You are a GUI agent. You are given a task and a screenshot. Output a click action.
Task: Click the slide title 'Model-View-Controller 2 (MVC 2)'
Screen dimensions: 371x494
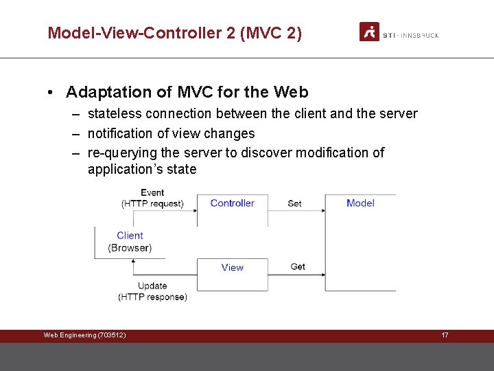click(174, 32)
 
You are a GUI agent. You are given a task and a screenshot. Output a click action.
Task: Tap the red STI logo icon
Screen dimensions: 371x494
click(369, 32)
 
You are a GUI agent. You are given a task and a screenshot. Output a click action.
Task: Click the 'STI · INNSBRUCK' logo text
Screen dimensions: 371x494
click(410, 35)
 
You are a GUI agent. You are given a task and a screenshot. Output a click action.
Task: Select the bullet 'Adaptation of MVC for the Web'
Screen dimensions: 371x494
click(187, 92)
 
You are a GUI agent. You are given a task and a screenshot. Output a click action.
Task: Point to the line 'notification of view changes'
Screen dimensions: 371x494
click(171, 133)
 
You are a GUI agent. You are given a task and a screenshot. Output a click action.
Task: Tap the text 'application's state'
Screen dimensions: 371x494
click(141, 169)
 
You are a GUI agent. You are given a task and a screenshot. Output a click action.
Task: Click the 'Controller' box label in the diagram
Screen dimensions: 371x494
click(232, 203)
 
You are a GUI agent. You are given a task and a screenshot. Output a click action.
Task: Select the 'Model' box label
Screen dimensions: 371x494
click(360, 203)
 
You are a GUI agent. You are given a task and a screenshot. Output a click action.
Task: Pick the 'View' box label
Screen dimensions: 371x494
click(232, 267)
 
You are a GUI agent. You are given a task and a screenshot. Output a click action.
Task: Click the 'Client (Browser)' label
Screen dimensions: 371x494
click(130, 242)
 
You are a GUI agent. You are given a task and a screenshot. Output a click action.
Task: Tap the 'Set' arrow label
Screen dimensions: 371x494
click(294, 203)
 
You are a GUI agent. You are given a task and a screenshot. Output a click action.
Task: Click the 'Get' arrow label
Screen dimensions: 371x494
click(298, 267)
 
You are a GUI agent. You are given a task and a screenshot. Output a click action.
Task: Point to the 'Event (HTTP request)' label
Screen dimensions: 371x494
click(152, 198)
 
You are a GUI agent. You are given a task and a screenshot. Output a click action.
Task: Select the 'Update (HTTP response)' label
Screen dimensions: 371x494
click(152, 291)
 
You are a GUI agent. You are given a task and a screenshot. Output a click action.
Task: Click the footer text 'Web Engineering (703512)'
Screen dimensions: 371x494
click(84, 335)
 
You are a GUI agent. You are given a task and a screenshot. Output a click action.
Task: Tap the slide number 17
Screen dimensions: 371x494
click(445, 335)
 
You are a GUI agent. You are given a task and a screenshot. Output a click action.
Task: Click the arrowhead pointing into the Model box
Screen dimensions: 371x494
click(322, 211)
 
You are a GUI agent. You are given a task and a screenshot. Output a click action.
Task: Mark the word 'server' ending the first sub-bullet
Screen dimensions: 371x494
click(397, 114)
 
